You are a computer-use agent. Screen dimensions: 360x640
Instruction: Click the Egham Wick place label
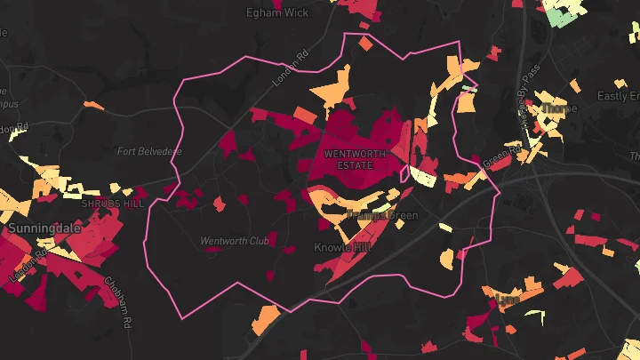[277, 13]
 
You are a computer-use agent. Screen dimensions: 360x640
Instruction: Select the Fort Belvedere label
[149, 151]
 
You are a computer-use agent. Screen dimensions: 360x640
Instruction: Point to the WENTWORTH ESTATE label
[356, 158]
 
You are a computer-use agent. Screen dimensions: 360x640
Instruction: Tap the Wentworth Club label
[234, 240]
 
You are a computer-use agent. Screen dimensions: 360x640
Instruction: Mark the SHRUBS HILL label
[112, 204]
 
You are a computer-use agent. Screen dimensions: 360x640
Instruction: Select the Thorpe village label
[558, 108]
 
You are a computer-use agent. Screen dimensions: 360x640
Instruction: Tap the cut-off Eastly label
[618, 95]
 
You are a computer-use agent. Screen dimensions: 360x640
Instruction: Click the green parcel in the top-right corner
[562, 15]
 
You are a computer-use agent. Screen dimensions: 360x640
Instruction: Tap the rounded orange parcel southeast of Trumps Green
[445, 260]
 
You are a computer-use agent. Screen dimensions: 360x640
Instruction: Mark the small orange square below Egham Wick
[365, 42]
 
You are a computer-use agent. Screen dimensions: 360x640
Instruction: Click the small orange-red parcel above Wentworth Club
[220, 204]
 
